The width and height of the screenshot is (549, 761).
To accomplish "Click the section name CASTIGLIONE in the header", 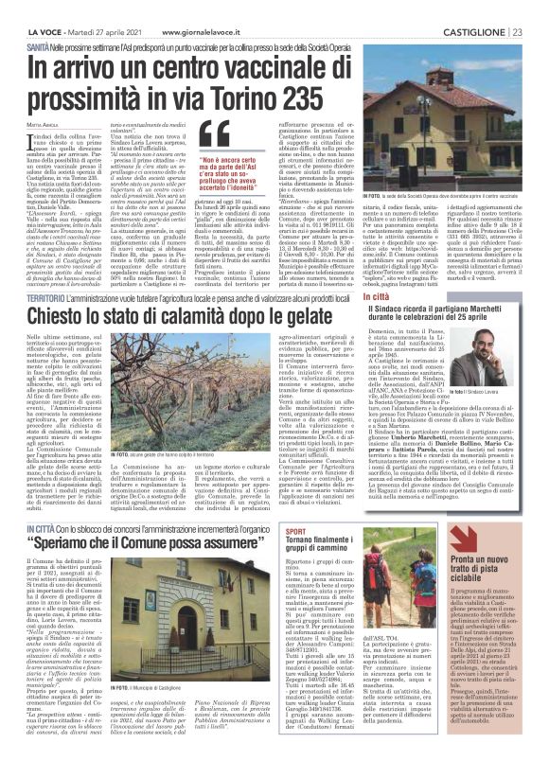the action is point(479,9).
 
